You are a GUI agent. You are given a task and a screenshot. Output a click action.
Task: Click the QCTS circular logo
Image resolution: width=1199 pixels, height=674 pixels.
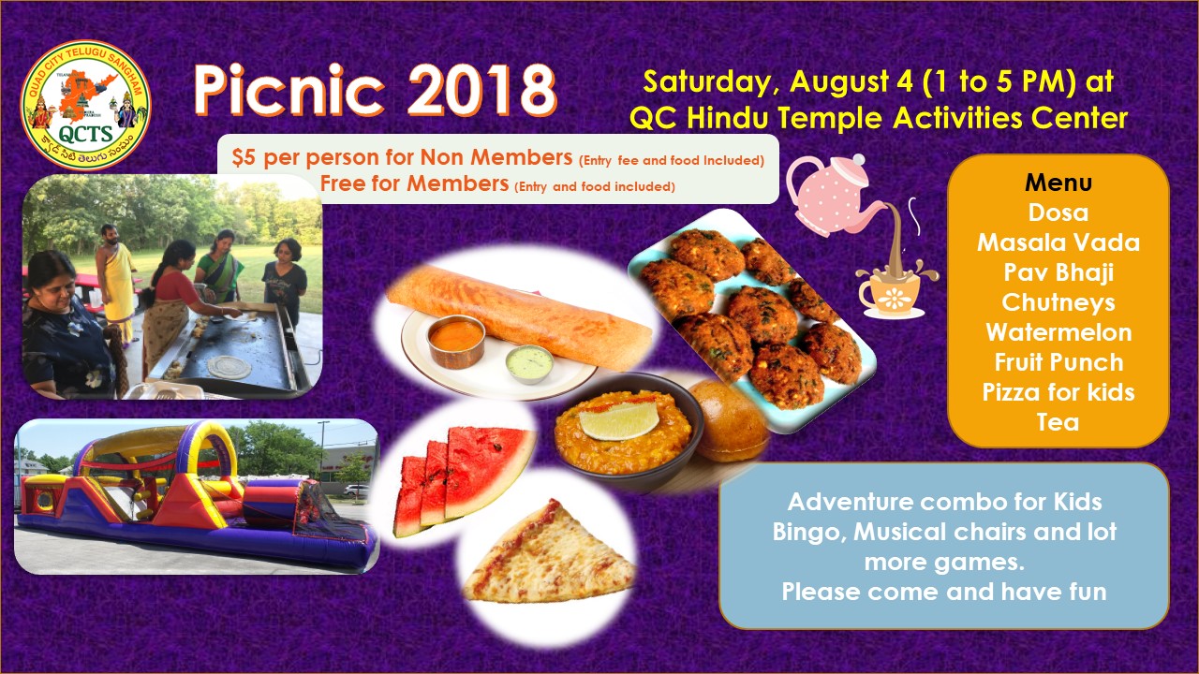[x=85, y=106]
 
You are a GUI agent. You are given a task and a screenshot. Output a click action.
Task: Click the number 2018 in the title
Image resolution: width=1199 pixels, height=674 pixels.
[x=482, y=90]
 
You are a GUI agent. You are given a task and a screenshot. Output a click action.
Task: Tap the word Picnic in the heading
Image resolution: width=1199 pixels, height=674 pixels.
[x=289, y=90]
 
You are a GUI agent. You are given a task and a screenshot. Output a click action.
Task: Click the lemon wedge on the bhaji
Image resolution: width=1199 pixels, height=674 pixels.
[x=618, y=420]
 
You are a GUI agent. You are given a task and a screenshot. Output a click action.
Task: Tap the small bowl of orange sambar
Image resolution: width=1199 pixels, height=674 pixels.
[x=456, y=341]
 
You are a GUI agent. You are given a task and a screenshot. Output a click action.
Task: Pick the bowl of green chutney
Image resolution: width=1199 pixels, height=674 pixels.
[x=529, y=363]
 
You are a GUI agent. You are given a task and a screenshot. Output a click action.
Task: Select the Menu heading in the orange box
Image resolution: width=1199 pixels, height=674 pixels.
[x=1058, y=183]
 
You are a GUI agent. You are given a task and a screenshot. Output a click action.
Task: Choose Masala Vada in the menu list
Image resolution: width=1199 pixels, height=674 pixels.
[x=1058, y=242]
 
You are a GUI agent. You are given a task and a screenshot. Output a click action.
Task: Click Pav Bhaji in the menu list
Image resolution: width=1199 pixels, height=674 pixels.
[x=1058, y=272]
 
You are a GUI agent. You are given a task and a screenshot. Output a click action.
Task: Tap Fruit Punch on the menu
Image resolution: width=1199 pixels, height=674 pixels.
[x=1058, y=362]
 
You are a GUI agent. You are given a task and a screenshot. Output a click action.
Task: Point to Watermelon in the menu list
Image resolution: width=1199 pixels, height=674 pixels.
[x=1058, y=332]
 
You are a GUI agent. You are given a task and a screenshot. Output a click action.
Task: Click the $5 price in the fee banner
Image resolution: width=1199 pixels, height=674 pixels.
[x=244, y=157]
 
